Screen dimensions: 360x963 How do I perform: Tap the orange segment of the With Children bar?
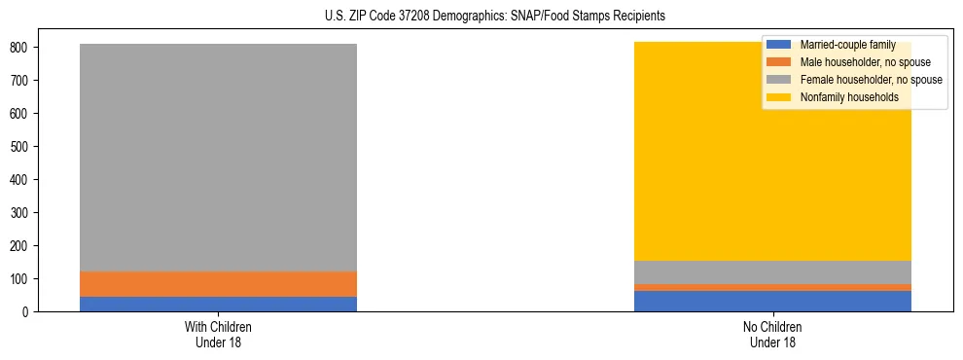(218, 284)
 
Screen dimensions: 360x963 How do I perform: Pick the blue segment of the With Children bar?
(218, 304)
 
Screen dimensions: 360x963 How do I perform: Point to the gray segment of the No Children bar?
(772, 272)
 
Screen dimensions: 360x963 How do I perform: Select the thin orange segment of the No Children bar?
(772, 287)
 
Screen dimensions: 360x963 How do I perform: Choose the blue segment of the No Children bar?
(772, 301)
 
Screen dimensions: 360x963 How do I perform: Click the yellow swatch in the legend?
(779, 97)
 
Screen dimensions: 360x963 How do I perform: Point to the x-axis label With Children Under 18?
(218, 334)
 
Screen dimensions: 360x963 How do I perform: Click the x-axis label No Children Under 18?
(772, 334)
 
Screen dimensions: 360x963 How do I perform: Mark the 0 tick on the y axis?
(32, 311)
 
